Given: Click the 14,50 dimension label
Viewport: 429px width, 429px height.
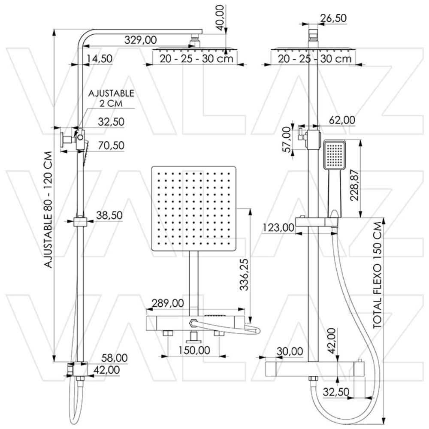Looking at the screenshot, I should (x=99, y=59).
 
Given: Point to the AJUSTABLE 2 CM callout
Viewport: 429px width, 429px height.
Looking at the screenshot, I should (x=111, y=98).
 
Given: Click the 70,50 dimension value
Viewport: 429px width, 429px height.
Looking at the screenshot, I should (x=110, y=145).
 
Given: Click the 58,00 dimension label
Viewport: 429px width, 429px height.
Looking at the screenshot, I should (x=115, y=357).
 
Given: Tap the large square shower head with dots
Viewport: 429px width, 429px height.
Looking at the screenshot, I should (x=194, y=208).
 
